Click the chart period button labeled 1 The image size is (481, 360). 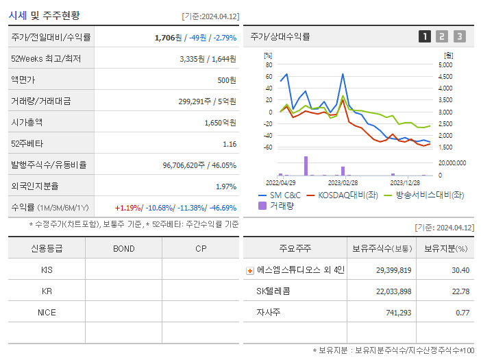click(425, 36)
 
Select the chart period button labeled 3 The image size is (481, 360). click(459, 36)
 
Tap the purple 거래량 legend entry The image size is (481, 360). click(275, 205)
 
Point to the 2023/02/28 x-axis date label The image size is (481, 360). click(343, 182)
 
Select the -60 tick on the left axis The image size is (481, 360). click(268, 147)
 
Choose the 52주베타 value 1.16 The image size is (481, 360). click(230, 144)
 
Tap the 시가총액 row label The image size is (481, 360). click(27, 123)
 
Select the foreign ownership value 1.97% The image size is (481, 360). click(225, 187)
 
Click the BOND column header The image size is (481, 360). click(123, 248)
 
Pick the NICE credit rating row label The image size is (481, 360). click(47, 312)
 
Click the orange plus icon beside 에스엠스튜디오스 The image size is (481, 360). click(250, 270)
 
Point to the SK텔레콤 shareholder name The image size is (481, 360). click(273, 291)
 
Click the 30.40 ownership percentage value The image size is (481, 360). click(460, 270)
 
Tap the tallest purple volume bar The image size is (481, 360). click(306, 166)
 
